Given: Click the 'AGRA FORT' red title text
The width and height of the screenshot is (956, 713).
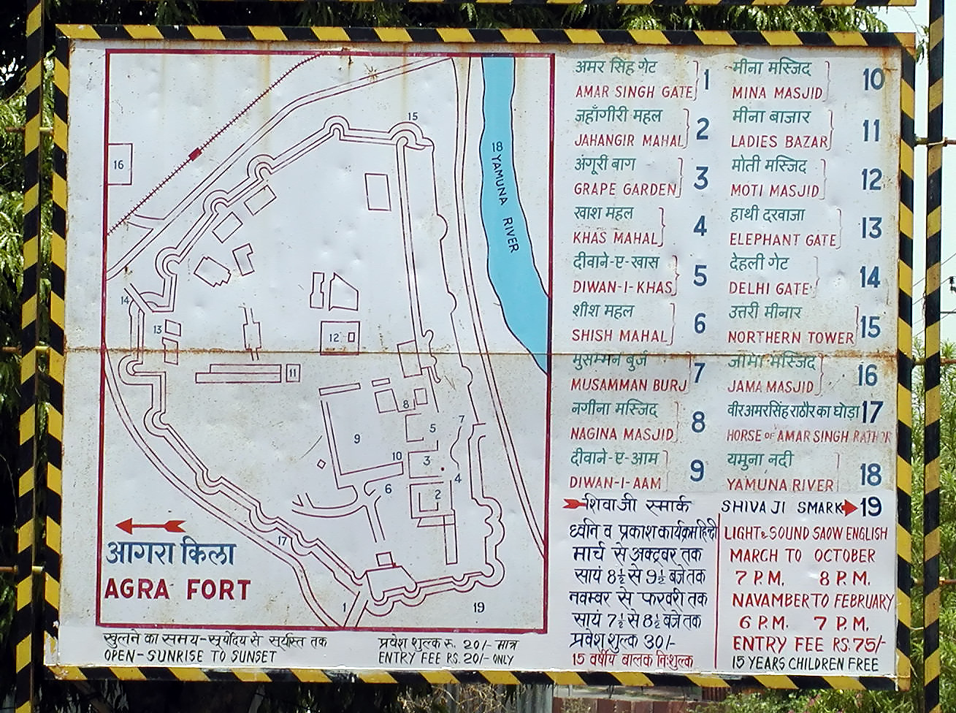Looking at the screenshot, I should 177,589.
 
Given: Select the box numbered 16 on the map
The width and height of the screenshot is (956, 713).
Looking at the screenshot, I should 119,165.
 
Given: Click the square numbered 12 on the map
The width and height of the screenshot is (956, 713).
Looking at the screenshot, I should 340,337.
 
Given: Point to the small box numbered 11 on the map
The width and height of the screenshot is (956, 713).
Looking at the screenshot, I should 293,373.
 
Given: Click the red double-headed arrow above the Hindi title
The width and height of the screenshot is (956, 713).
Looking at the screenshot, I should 150,525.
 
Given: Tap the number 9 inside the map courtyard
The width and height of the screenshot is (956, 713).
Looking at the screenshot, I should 357,438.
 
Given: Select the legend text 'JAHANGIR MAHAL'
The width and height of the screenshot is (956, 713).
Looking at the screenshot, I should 627,140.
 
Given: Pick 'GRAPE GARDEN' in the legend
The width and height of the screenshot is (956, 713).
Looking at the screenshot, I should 625,189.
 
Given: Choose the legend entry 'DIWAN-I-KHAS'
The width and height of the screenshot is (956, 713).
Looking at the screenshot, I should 622,287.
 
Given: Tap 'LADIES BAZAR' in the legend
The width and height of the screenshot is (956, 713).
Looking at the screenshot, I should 779,141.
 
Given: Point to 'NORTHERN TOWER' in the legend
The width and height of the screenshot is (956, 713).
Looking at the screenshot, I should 790,337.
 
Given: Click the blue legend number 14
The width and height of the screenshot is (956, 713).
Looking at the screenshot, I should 869,277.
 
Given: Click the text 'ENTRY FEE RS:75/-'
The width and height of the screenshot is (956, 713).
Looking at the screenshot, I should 808,644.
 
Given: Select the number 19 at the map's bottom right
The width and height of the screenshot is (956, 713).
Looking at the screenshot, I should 478,606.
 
